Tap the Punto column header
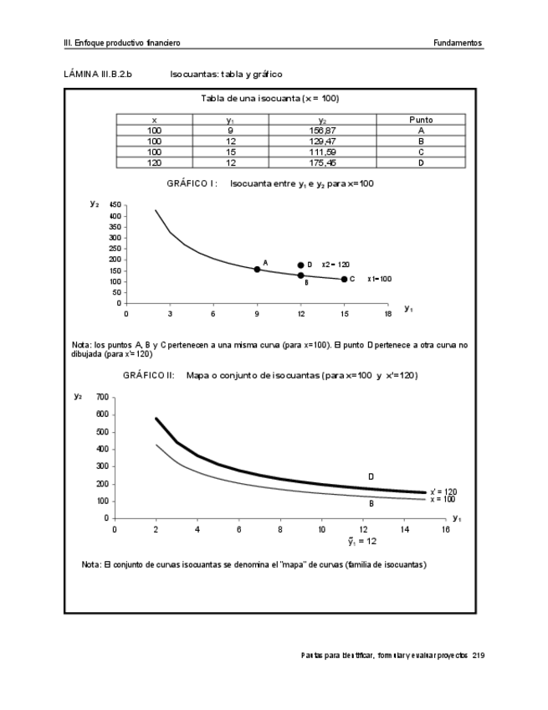421,121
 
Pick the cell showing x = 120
154,162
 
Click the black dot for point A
257,270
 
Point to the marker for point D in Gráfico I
300,265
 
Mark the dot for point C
344,279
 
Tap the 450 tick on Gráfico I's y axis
115,205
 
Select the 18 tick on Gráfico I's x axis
387,314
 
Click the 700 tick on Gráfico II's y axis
102,397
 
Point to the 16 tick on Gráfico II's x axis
446,529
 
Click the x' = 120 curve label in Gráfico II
443,492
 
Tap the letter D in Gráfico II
371,476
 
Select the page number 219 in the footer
478,655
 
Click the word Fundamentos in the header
458,43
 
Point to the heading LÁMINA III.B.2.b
98,74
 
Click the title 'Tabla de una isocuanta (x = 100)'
269,99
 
